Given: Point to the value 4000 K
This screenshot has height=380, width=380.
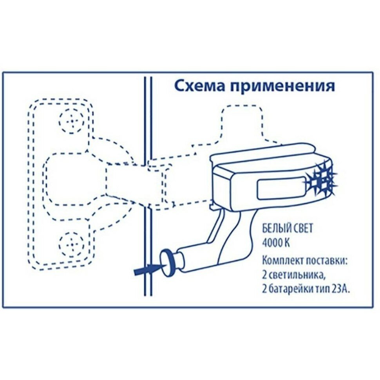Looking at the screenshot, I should pos(276,243).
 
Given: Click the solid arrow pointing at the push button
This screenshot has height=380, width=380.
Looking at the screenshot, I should pos(145,270).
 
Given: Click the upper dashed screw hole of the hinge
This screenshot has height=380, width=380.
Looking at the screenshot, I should pos(72,120).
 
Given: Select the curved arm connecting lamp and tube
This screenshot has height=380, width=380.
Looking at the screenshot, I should pos(227,231).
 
